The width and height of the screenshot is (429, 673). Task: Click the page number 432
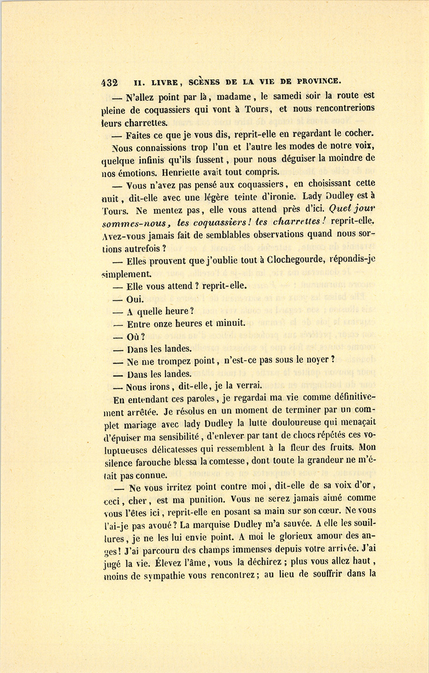click(110, 82)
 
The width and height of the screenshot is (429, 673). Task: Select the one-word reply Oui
click(134, 299)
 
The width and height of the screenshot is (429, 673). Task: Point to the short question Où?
click(135, 336)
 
